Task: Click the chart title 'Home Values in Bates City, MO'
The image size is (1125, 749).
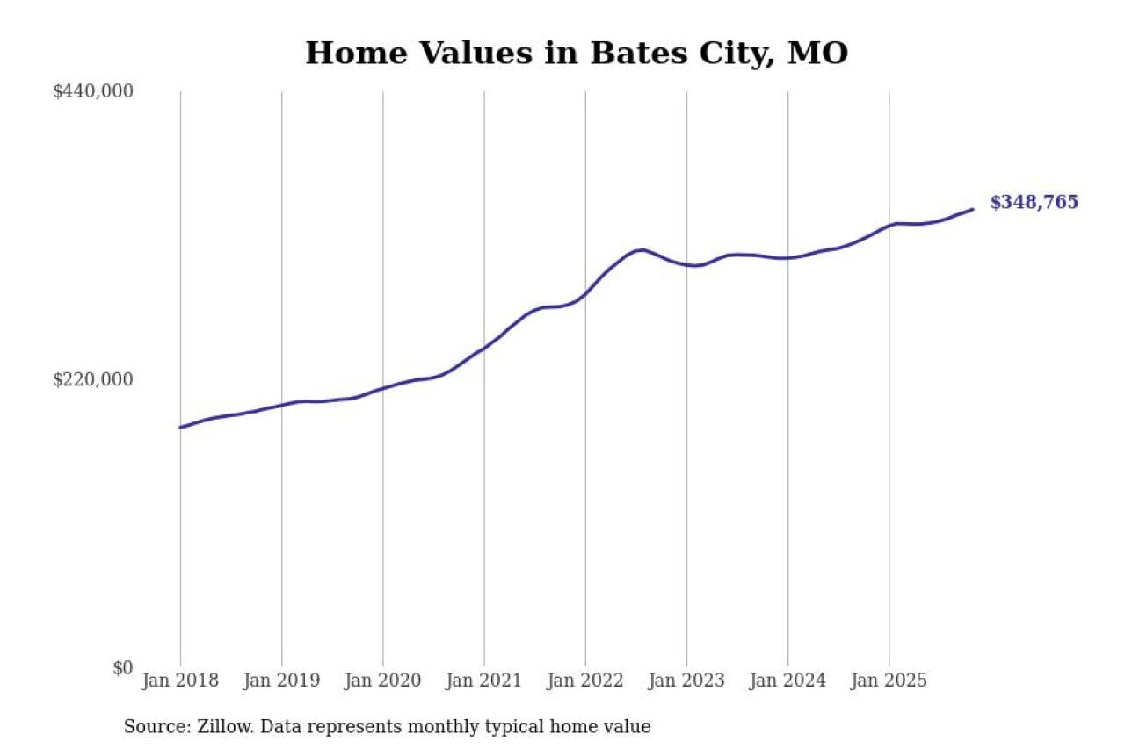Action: pyautogui.click(x=577, y=53)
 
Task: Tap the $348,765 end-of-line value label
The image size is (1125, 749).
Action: pyautogui.click(x=1034, y=203)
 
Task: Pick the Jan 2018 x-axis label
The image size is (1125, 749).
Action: pyautogui.click(x=180, y=681)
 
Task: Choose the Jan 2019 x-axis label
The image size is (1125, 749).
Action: pyautogui.click(x=281, y=681)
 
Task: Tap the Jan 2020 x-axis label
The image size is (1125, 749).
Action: pyautogui.click(x=382, y=681)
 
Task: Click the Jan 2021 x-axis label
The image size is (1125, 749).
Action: pyautogui.click(x=483, y=681)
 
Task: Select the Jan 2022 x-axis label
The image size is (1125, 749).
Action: pyautogui.click(x=585, y=681)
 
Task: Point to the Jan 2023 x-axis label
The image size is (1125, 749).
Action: pyautogui.click(x=686, y=681)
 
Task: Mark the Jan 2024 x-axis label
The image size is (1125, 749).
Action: pyautogui.click(x=787, y=681)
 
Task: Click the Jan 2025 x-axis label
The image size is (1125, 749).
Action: pyautogui.click(x=889, y=681)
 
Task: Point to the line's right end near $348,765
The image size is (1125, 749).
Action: pyautogui.click(x=972, y=209)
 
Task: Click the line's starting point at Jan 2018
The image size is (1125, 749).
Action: pyautogui.click(x=180, y=428)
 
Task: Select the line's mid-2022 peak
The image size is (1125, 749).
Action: pyautogui.click(x=642, y=250)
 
